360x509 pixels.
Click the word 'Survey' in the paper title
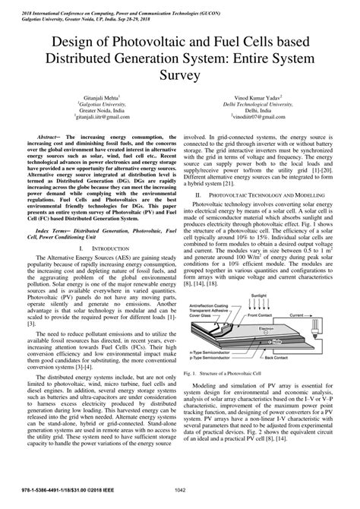[x=180, y=76]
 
